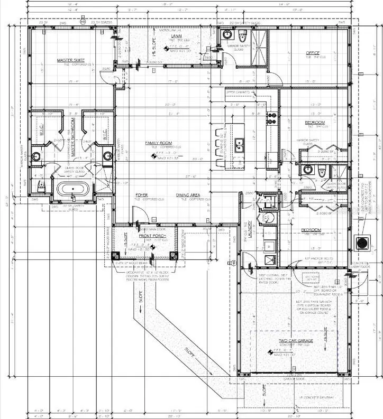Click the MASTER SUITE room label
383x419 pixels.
[x=71, y=61]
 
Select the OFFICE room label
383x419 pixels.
[x=314, y=53]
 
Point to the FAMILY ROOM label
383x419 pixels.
[x=159, y=143]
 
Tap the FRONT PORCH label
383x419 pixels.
[x=152, y=236]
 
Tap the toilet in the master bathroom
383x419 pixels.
[x=41, y=184]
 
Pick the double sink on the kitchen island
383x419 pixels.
[x=239, y=143]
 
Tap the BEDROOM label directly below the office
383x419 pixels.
[x=315, y=123]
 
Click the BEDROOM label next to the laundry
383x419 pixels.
[x=311, y=230]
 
